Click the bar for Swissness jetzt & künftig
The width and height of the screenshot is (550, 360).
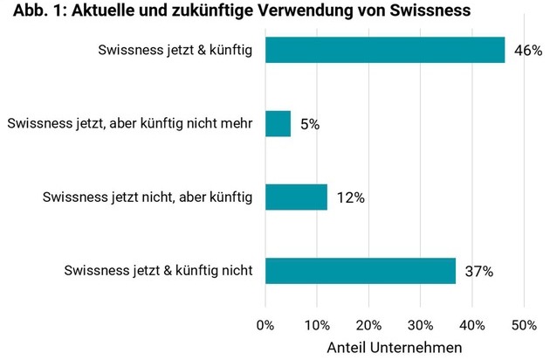384,50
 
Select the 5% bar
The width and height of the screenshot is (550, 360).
278,123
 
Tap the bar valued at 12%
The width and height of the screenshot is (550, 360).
296,197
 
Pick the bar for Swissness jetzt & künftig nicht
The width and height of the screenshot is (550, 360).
361,271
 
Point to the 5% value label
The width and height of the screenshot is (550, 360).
310,124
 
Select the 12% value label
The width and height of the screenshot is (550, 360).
349,197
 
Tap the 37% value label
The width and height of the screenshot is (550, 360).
478,272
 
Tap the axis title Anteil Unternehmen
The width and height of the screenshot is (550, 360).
394,348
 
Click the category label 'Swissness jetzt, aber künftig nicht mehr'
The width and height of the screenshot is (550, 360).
130,123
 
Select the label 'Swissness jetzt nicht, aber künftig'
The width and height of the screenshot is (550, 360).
148,197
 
